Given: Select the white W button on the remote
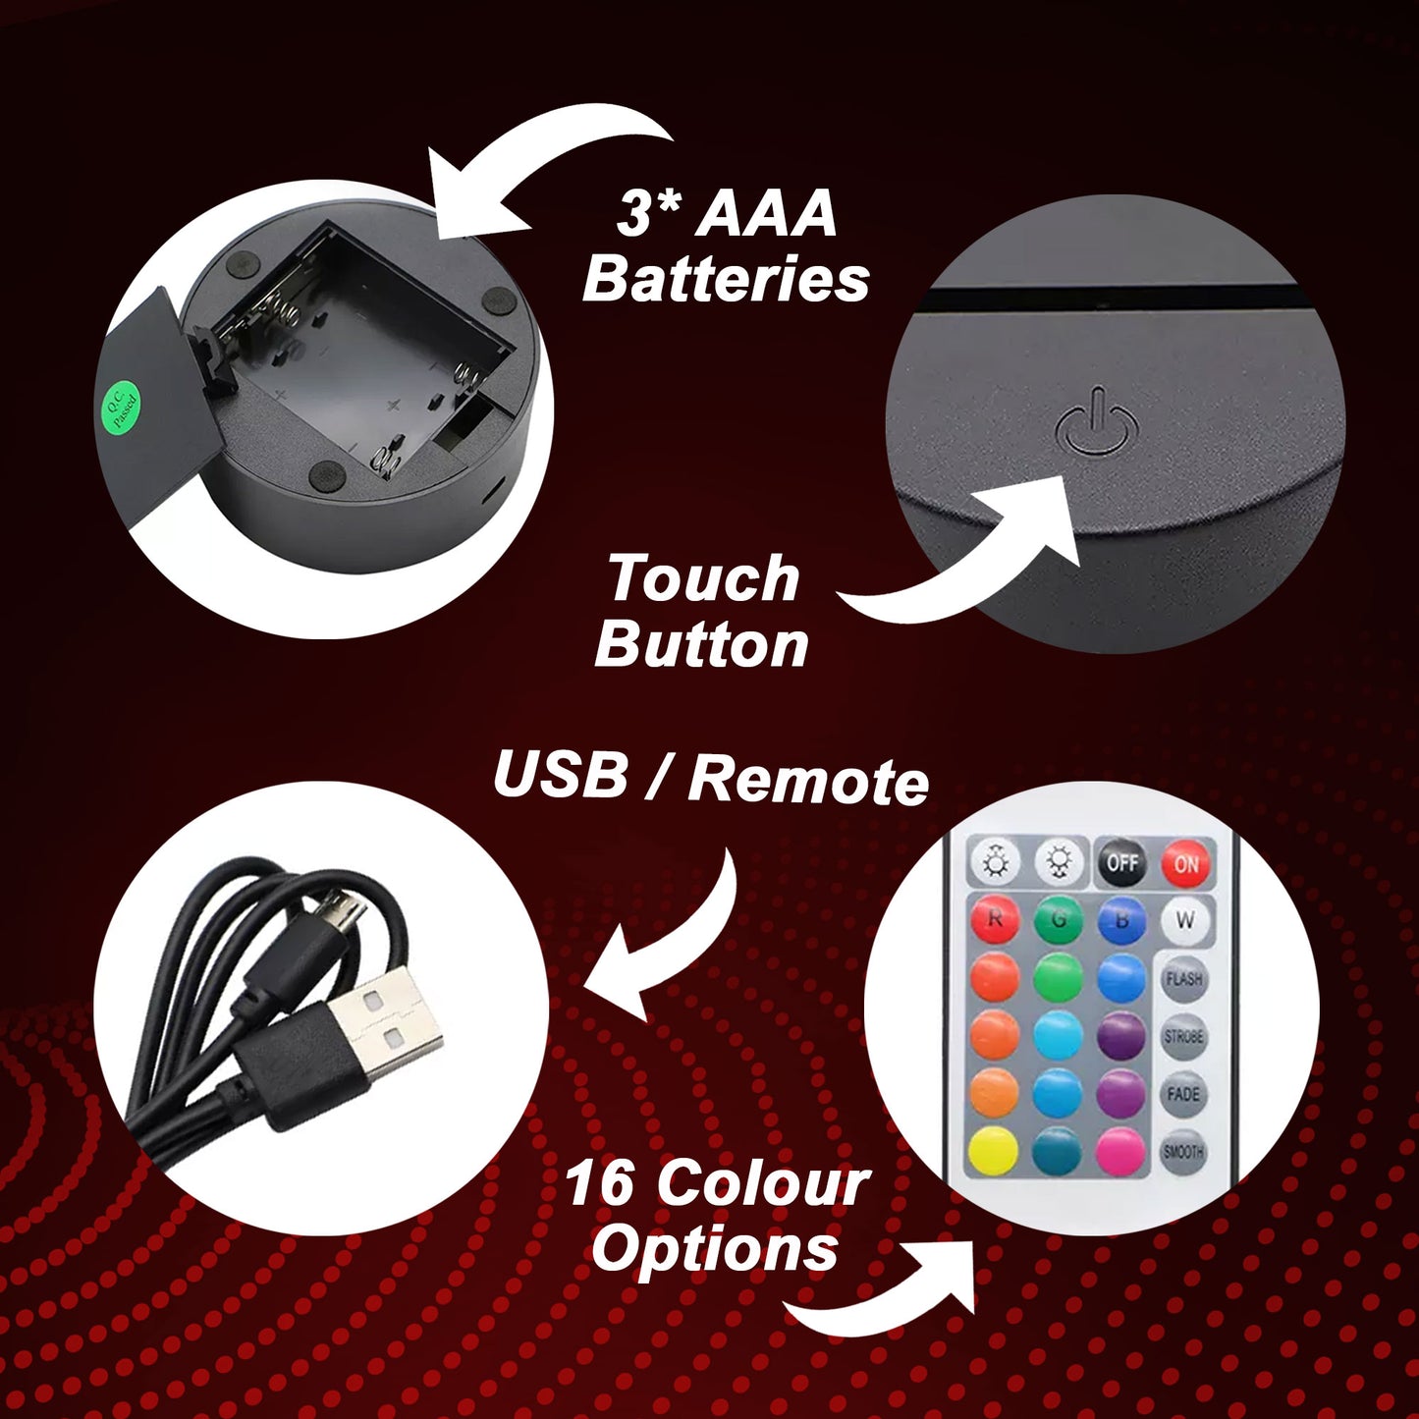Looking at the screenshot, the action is (x=1185, y=919).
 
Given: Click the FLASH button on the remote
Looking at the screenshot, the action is (x=1183, y=979).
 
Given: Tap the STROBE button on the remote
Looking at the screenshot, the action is (x=1183, y=1036).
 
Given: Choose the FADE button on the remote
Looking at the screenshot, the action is (x=1183, y=1094).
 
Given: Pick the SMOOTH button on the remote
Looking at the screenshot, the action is (x=1183, y=1152).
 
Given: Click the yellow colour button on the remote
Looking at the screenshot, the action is (x=994, y=1152).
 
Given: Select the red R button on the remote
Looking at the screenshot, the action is (x=995, y=919).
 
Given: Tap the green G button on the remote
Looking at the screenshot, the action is (x=1059, y=919).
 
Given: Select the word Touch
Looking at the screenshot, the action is (x=704, y=578).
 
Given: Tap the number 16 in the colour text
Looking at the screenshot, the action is (x=599, y=1184).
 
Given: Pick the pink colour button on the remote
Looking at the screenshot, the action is (x=1120, y=1152).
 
